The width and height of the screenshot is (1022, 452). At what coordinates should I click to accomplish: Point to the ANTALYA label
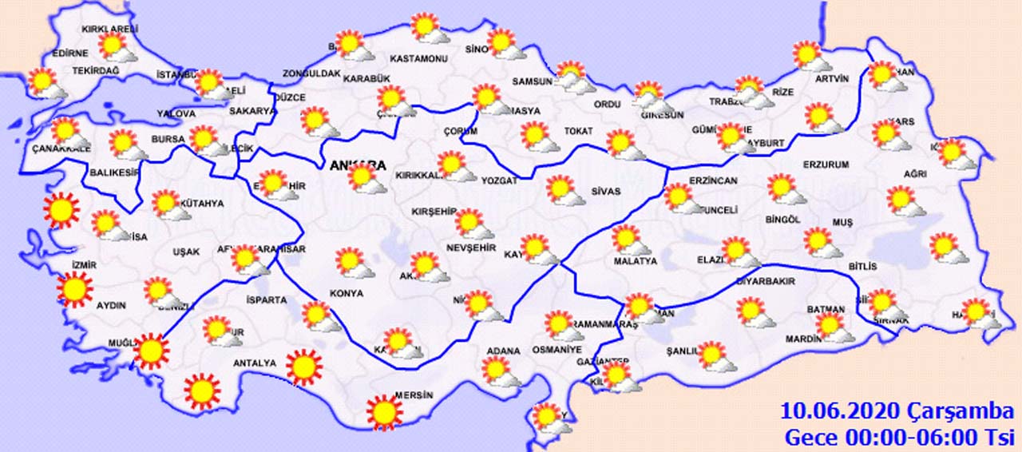(254, 363)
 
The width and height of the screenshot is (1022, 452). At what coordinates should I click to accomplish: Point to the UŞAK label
(186, 252)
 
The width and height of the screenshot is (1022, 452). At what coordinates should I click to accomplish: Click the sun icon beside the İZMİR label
(74, 289)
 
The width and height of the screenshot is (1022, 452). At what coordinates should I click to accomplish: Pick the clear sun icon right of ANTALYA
(303, 367)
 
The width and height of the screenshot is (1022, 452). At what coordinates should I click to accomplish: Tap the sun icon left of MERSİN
(384, 412)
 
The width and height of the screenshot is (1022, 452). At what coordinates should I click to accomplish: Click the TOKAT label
(578, 131)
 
